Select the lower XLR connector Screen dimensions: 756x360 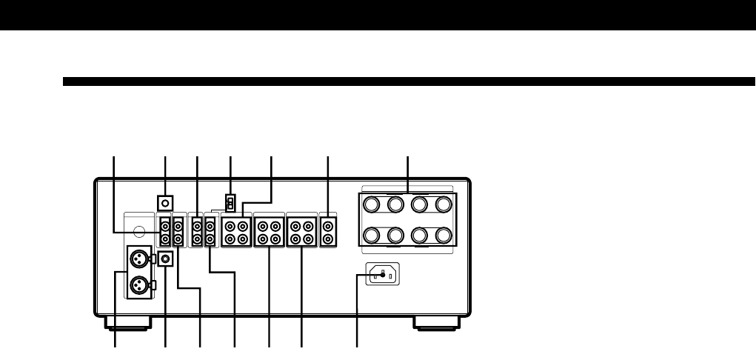(139, 285)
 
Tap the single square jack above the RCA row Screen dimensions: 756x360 (166, 202)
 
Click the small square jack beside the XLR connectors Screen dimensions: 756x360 (166, 259)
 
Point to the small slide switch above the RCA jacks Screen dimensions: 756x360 (230, 202)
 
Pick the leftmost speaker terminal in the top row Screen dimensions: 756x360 (372, 204)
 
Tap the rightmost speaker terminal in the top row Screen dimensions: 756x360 (444, 204)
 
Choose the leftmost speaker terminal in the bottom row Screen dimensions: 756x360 (372, 236)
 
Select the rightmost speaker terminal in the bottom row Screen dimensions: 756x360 (444, 236)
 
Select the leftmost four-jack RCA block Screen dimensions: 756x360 (236, 231)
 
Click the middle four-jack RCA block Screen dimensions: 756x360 (269, 231)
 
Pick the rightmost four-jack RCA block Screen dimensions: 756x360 (301, 231)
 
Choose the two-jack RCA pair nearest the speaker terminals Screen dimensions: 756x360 (328, 231)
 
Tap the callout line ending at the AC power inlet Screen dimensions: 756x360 (358, 311)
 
